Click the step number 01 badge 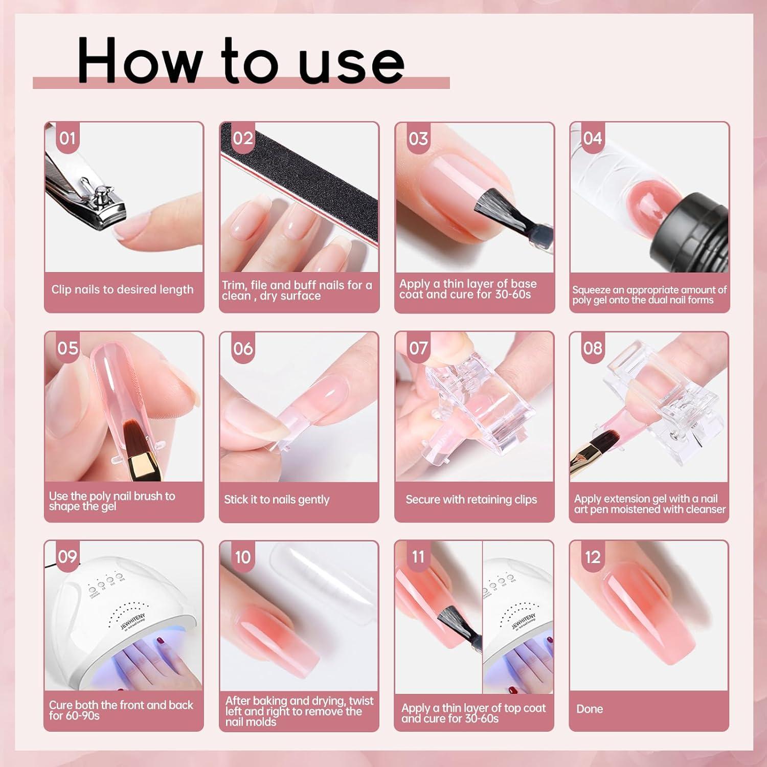click(x=67, y=139)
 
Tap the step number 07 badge click(x=418, y=348)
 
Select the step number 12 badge click(x=593, y=557)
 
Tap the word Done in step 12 click(x=590, y=709)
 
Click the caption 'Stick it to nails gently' click(x=277, y=500)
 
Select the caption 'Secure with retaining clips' click(x=471, y=500)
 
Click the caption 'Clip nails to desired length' click(x=122, y=289)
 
